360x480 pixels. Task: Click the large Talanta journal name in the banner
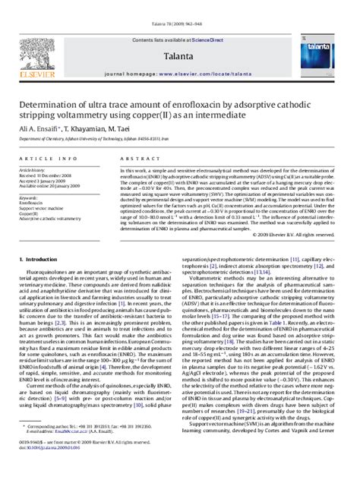tap(176, 35)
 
